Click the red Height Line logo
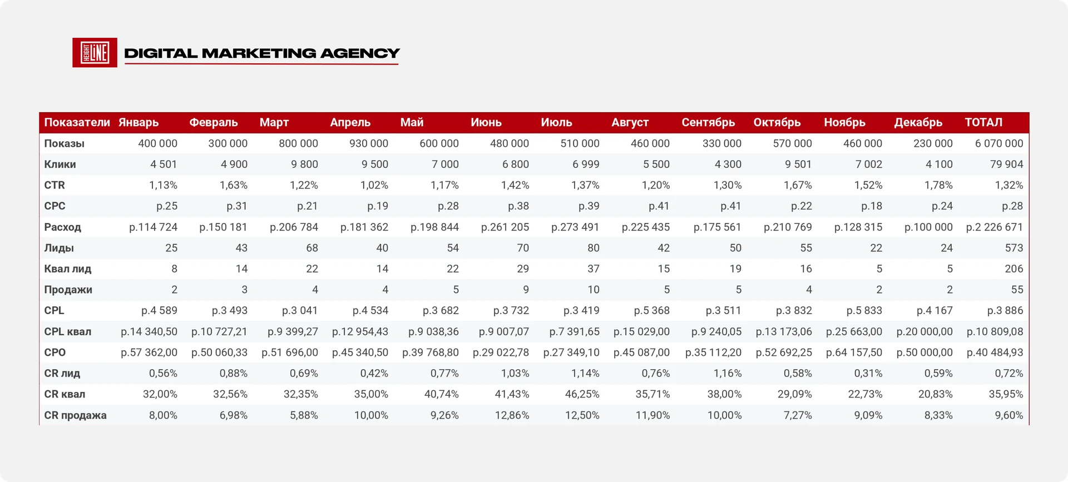[95, 53]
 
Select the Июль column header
[556, 122]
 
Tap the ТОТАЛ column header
[983, 122]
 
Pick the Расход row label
[63, 227]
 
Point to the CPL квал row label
[68, 331]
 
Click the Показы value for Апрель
[369, 143]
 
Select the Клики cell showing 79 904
[1006, 164]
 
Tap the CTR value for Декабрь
[938, 185]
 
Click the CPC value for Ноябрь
[872, 206]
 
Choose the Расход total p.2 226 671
[995, 227]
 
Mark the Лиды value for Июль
[594, 248]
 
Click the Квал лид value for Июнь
[523, 269]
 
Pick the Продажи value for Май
[456, 290]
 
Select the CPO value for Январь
[149, 352]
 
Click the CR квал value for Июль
[582, 394]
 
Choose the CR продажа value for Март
[304, 415]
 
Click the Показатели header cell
[77, 122]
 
